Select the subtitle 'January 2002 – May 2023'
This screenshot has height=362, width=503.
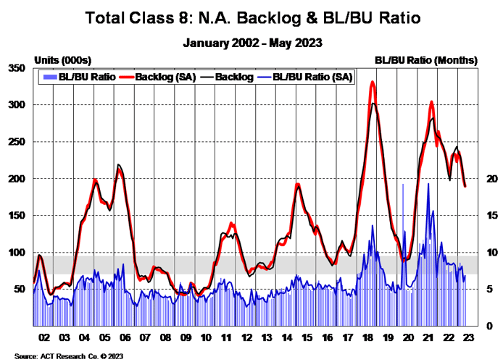tap(251, 43)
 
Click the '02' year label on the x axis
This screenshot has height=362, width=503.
tap(43, 337)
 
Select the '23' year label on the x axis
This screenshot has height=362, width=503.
tap(467, 337)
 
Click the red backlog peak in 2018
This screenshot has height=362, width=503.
tap(373, 82)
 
